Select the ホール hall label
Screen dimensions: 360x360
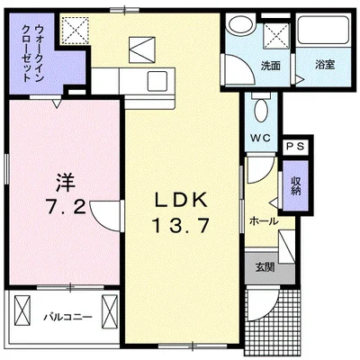[262, 220]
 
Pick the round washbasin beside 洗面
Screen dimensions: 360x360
[238, 25]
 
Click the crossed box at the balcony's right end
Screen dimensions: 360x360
[110, 313]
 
